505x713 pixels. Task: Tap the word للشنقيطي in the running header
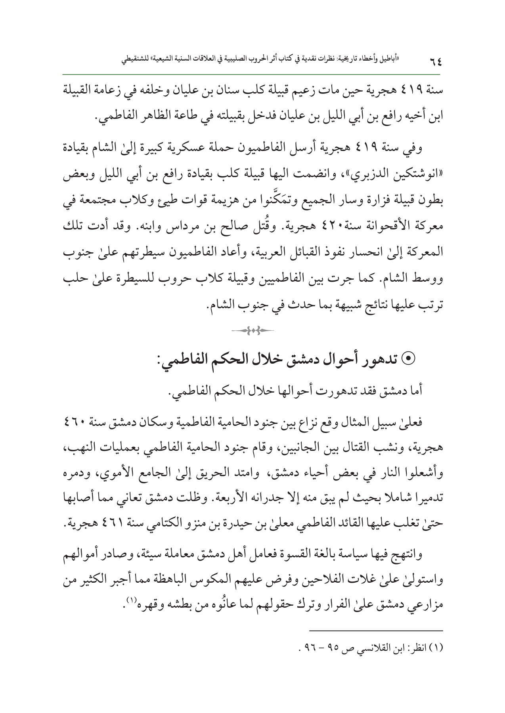coord(134,61)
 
